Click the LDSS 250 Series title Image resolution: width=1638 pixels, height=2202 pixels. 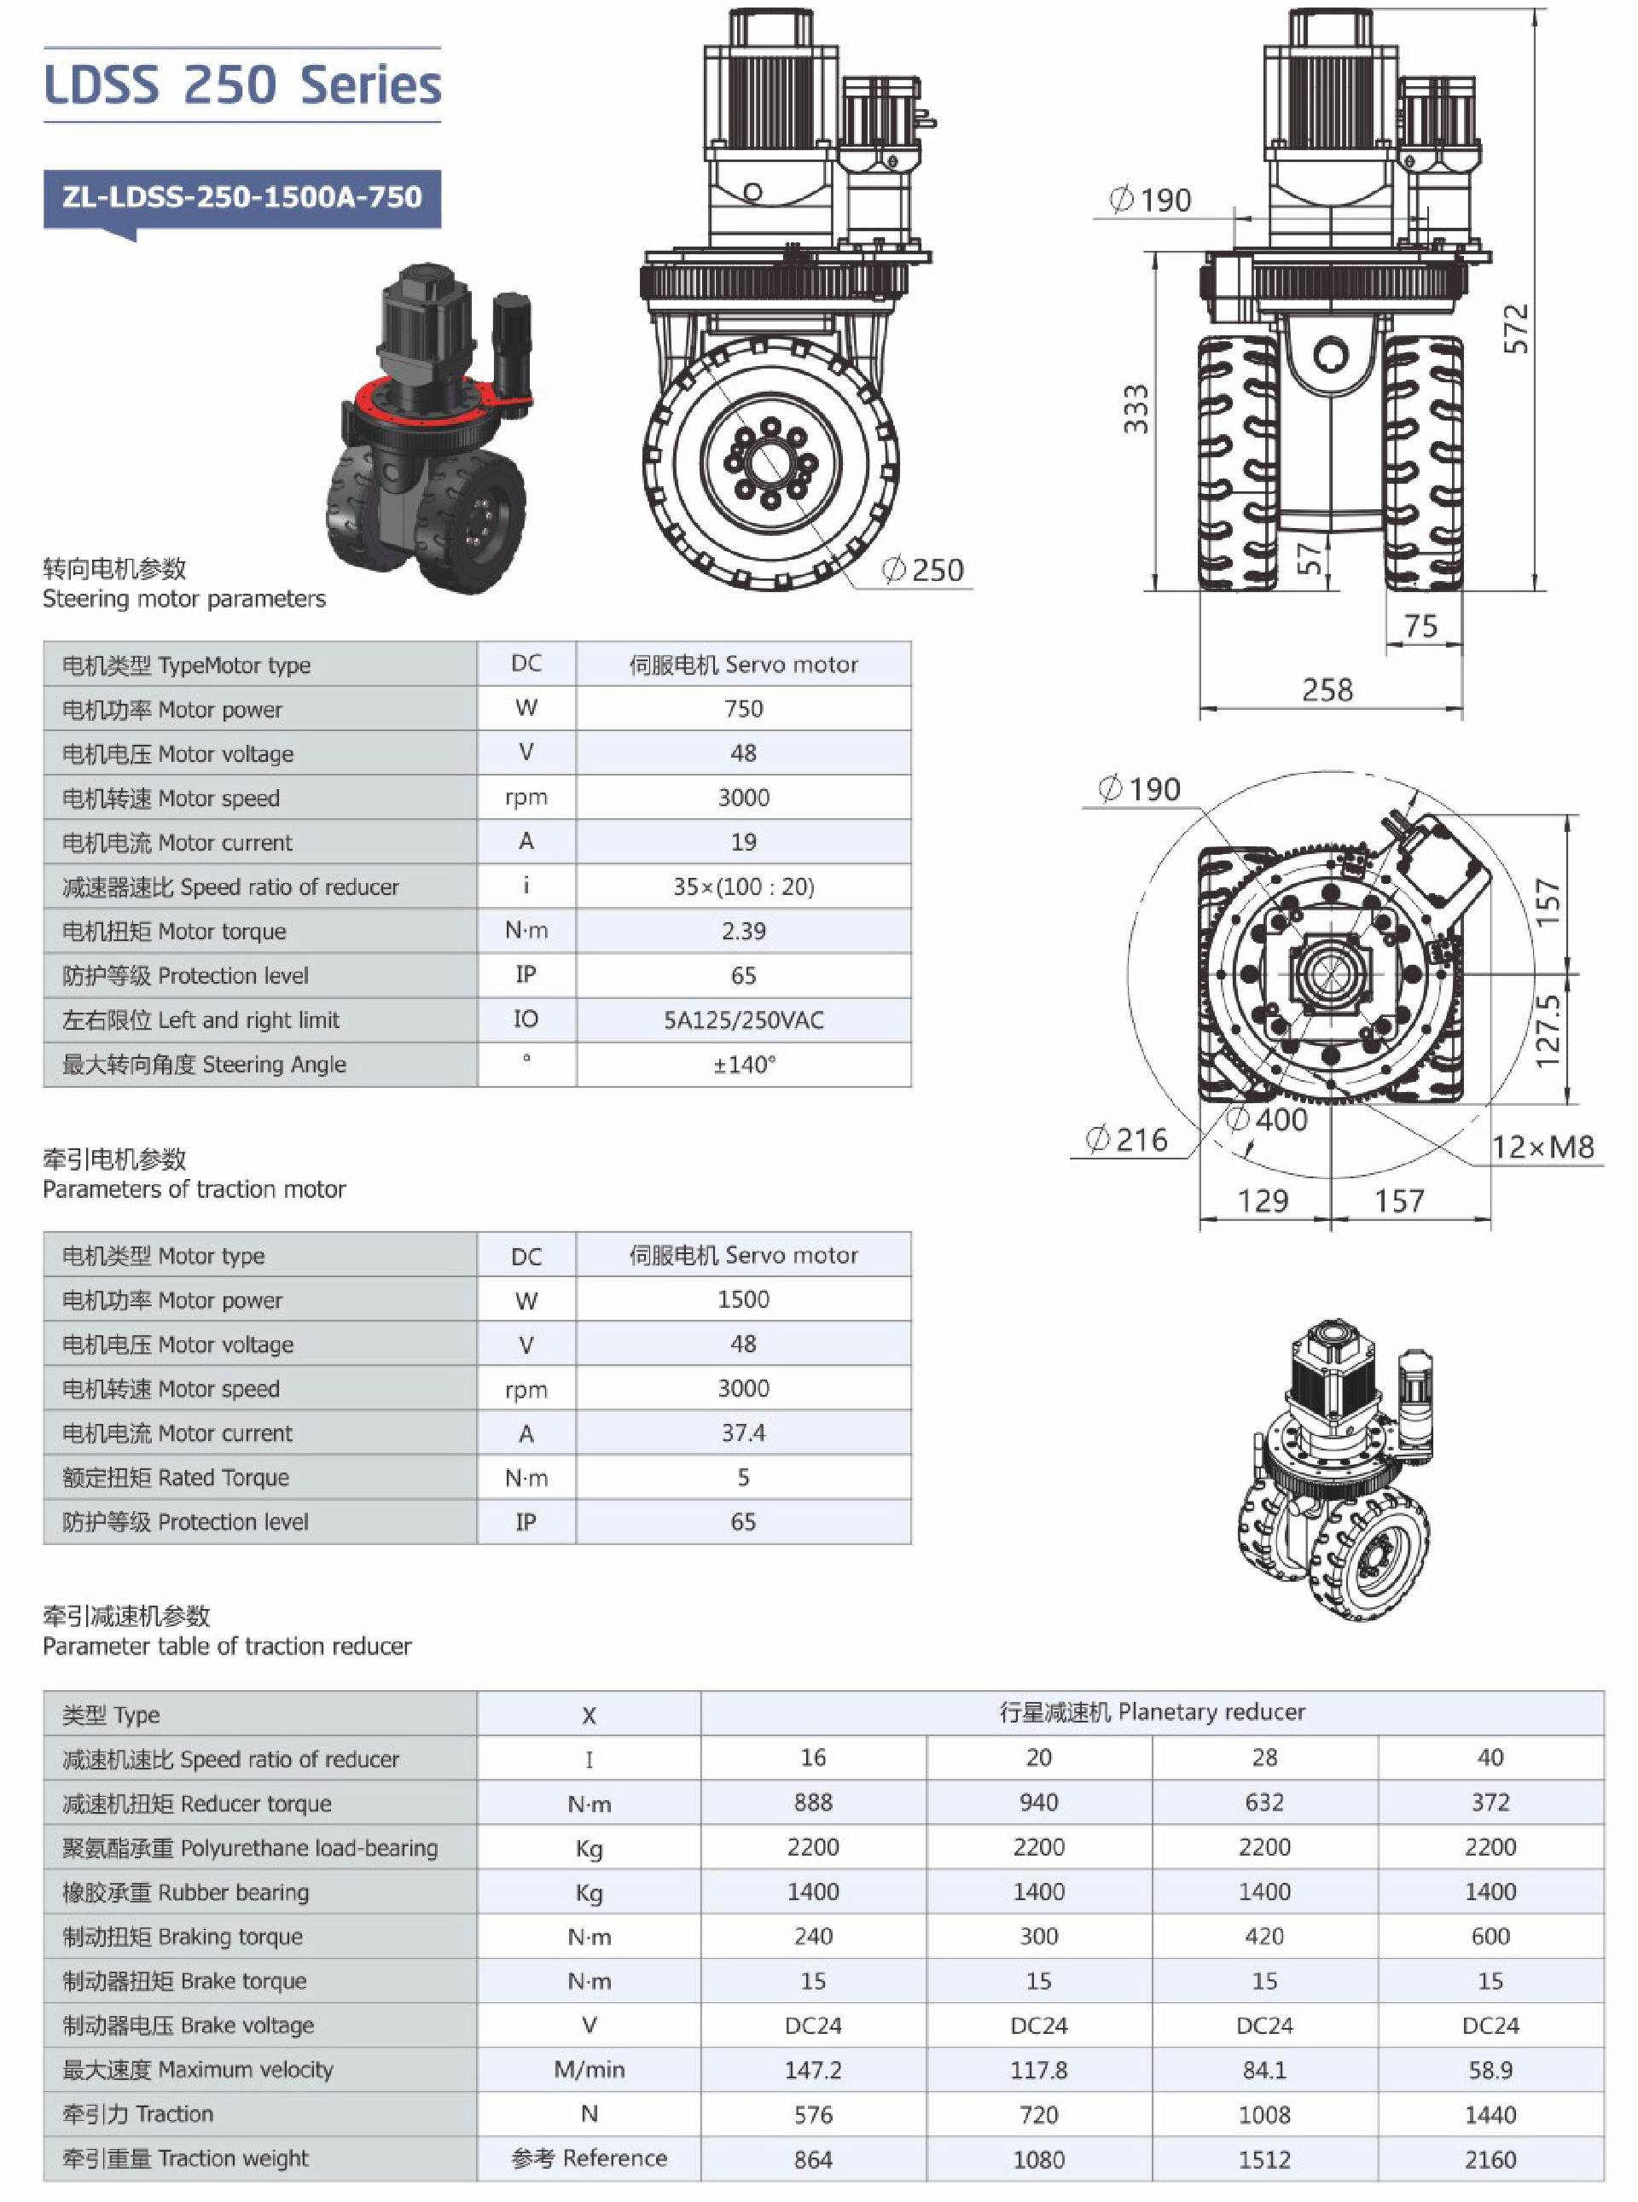pos(242,85)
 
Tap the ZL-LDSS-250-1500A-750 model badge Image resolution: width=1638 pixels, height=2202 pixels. pos(242,197)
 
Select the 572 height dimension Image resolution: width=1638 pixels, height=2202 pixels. pos(1515,328)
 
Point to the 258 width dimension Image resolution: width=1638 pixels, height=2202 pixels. pos(1327,690)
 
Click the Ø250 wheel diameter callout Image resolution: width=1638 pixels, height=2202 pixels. pos(924,570)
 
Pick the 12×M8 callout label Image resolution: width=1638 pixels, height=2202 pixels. pos(1542,1147)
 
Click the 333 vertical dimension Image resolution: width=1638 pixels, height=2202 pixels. pos(1136,409)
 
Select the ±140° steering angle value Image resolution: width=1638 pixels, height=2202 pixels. pos(744,1065)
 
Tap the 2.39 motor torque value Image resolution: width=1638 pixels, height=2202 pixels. pos(744,931)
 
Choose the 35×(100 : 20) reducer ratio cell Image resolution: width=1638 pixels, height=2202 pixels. pos(744,886)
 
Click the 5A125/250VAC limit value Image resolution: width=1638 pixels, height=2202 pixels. pos(744,1020)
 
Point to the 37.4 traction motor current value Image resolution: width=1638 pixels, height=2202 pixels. pos(744,1432)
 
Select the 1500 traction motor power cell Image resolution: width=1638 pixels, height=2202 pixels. pos(744,1299)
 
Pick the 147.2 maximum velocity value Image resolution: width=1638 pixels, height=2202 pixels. pos(813,2070)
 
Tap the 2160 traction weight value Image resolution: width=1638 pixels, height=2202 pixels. pos(1490,2159)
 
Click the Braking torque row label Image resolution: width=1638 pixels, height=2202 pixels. pos(183,1937)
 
